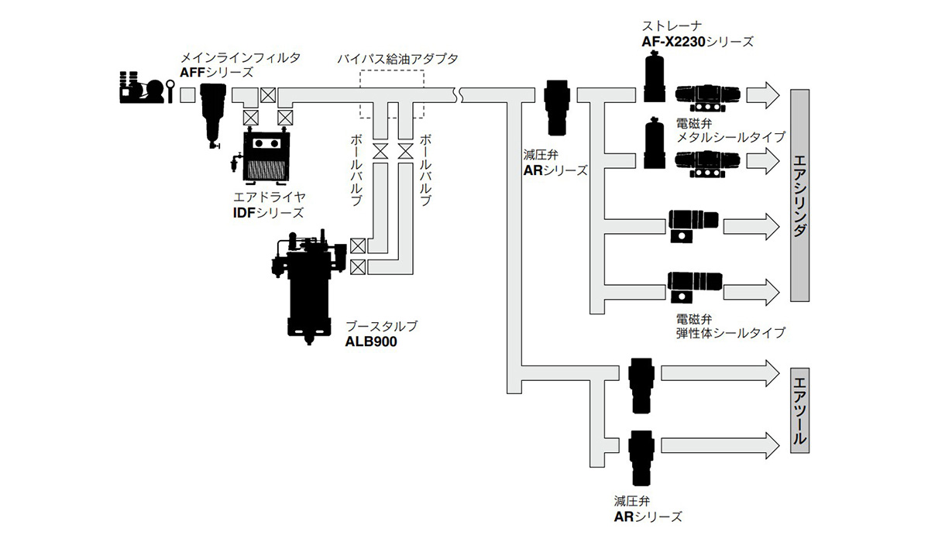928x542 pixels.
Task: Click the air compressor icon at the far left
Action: tap(143, 87)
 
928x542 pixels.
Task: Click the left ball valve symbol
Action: tap(380, 152)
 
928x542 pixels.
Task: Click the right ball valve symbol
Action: tap(405, 152)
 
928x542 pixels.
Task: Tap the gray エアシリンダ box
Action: tap(800, 196)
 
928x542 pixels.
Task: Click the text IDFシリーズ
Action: tap(269, 212)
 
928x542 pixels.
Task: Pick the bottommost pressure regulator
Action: tap(642, 455)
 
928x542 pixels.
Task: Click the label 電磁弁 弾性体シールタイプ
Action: tap(730, 325)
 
